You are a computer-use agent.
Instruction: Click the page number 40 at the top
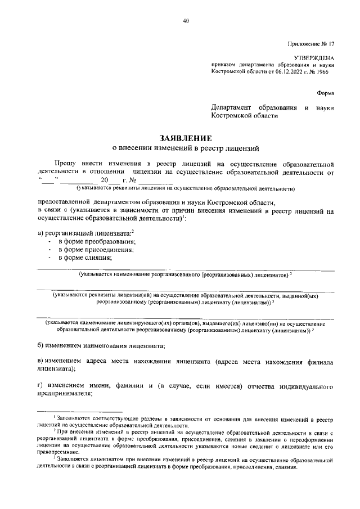[x=186, y=21]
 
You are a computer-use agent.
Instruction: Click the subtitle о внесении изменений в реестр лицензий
[x=186, y=149]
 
